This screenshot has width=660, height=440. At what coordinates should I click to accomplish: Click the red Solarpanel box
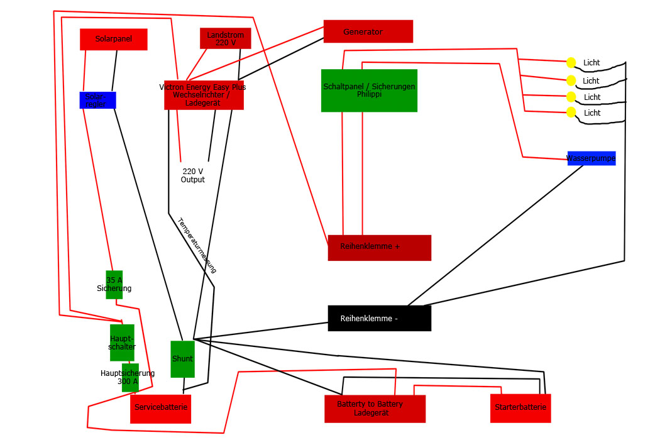pyautogui.click(x=113, y=39)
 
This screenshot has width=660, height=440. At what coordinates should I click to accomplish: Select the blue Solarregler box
pyautogui.click(x=97, y=100)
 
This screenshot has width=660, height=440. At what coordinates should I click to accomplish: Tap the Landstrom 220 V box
pyautogui.click(x=225, y=38)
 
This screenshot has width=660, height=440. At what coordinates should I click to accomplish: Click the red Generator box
pyautogui.click(x=368, y=31)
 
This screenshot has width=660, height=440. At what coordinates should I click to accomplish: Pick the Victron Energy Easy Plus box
pyautogui.click(x=204, y=95)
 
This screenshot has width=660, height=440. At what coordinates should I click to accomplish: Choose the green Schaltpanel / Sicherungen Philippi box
pyautogui.click(x=369, y=91)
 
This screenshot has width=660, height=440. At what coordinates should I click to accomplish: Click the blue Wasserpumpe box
pyautogui.click(x=591, y=158)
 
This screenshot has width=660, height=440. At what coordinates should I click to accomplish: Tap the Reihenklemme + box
pyautogui.click(x=379, y=247)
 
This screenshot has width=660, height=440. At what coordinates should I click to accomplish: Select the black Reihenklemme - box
pyautogui.click(x=379, y=318)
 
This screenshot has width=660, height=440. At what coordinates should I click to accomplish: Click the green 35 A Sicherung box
pyautogui.click(x=114, y=285)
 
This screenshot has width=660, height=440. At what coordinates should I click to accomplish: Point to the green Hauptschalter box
pyautogui.click(x=122, y=343)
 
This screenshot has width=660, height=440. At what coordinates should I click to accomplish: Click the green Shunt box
pyautogui.click(x=182, y=359)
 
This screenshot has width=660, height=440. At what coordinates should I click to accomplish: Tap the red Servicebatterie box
pyautogui.click(x=160, y=409)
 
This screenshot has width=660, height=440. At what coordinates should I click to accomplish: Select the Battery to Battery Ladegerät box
pyautogui.click(x=375, y=409)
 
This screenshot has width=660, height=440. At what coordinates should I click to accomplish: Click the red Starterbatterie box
pyautogui.click(x=520, y=408)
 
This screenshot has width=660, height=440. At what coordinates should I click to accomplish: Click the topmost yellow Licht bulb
pyautogui.click(x=571, y=62)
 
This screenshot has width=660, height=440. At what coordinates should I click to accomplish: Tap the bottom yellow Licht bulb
pyautogui.click(x=571, y=113)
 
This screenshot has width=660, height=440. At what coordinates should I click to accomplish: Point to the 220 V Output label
pyautogui.click(x=193, y=175)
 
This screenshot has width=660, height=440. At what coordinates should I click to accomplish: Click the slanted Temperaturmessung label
pyautogui.click(x=197, y=245)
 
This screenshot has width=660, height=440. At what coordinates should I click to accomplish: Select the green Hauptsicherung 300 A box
pyautogui.click(x=130, y=377)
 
